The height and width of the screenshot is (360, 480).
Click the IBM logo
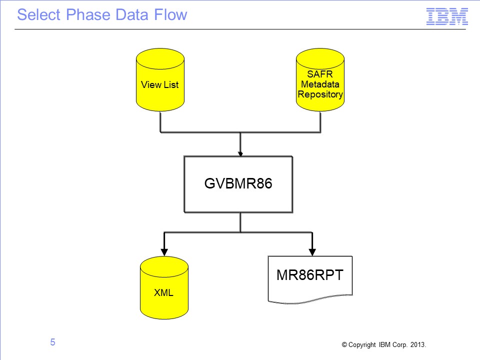(447, 16)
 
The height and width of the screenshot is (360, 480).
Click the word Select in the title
(39, 14)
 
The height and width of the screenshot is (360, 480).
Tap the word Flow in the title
(170, 14)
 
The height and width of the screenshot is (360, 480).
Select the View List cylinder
(160, 79)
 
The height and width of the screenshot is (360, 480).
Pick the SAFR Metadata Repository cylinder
(320, 79)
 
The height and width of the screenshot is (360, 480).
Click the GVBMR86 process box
(238, 184)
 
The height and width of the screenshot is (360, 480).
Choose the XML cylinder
(164, 288)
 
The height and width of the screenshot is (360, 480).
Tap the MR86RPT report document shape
(310, 279)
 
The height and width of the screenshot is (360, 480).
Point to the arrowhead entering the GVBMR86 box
(240, 153)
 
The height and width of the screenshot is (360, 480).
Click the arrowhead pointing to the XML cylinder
(164, 252)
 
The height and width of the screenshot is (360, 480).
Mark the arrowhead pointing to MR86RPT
(312, 252)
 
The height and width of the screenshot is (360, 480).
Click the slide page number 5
(52, 342)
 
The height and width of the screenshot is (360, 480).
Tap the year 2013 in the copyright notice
(418, 344)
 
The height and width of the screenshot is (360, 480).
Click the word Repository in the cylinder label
(320, 94)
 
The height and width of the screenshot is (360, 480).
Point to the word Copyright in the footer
(362, 345)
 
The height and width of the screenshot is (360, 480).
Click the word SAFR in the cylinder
(320, 74)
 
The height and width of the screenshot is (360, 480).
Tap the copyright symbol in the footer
(344, 344)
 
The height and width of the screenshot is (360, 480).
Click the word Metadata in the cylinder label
(320, 84)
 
